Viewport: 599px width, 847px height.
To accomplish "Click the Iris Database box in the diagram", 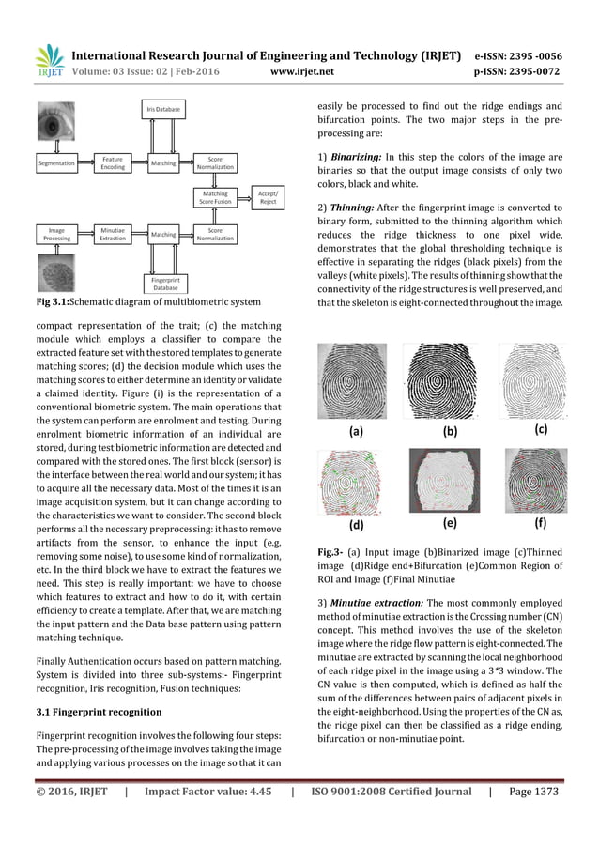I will click(x=162, y=110).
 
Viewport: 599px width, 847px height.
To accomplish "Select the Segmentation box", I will click(x=56, y=163).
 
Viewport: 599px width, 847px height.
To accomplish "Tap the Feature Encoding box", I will click(x=112, y=163).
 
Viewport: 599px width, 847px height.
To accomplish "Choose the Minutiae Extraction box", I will click(x=112, y=233).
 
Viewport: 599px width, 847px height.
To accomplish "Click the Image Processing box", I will click(x=56, y=233).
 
